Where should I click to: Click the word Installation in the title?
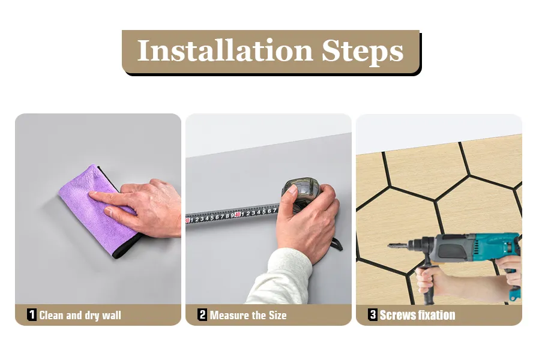(225, 50)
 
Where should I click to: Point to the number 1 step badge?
(31, 314)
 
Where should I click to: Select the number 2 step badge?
(202, 314)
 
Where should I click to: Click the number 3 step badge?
(373, 314)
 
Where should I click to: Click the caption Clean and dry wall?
(80, 315)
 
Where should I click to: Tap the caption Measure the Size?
(248, 315)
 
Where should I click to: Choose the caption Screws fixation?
(417, 315)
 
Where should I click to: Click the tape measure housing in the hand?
(300, 191)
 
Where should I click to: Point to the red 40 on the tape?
(238, 214)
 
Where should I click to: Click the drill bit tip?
(390, 245)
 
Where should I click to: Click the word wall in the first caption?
(112, 315)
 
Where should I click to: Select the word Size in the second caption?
(277, 315)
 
